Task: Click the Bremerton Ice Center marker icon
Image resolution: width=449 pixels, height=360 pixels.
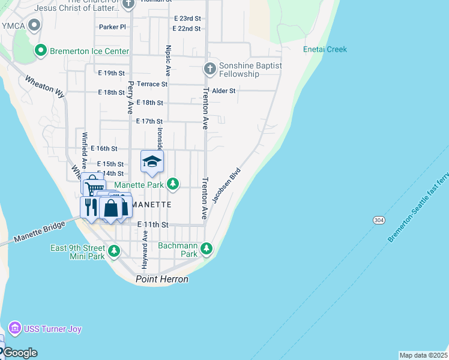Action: (x=41, y=51)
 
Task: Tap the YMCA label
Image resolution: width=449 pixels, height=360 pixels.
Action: (x=12, y=26)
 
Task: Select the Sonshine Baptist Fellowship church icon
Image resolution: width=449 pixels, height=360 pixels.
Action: (x=210, y=68)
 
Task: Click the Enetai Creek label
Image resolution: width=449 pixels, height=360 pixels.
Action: (x=325, y=49)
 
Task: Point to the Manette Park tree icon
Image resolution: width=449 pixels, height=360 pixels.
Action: (x=173, y=184)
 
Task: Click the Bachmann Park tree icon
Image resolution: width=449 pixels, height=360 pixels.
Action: (x=206, y=248)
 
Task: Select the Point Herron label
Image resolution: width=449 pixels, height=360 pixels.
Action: (x=162, y=279)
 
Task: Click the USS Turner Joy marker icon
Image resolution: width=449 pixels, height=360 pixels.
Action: (x=14, y=329)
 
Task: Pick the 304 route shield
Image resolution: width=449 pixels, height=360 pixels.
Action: (x=379, y=221)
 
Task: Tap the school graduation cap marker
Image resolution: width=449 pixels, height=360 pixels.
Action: (x=152, y=161)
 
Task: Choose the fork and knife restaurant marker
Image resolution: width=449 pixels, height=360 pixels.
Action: (x=91, y=207)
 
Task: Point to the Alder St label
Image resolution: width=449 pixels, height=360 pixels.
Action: (x=224, y=91)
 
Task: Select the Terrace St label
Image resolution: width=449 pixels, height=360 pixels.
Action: (x=152, y=84)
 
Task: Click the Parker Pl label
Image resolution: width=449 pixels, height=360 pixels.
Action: (x=112, y=27)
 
